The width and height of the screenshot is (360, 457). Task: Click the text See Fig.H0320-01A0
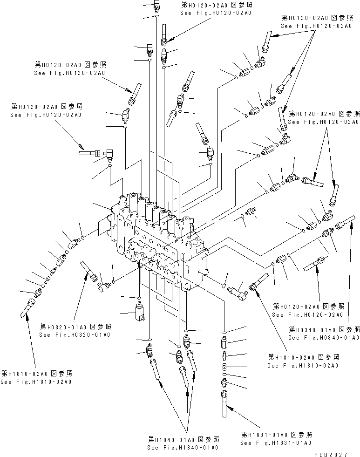(x=75, y=335)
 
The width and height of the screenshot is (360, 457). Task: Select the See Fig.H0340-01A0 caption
(x=324, y=337)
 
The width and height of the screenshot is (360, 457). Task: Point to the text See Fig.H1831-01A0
(x=276, y=443)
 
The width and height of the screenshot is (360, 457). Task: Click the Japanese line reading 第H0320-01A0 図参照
(x=75, y=327)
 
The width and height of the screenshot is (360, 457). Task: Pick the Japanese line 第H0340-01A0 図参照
(x=324, y=329)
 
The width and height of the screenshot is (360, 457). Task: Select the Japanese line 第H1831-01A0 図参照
(x=276, y=434)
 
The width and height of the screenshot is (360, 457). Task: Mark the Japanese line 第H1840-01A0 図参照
(x=183, y=439)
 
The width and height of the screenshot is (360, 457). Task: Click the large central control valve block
(x=158, y=242)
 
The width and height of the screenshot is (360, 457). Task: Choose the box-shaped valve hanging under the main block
(x=138, y=312)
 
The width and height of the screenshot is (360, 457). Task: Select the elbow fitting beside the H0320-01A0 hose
(x=104, y=285)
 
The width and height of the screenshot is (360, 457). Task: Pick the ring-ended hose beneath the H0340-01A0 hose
(x=317, y=264)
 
